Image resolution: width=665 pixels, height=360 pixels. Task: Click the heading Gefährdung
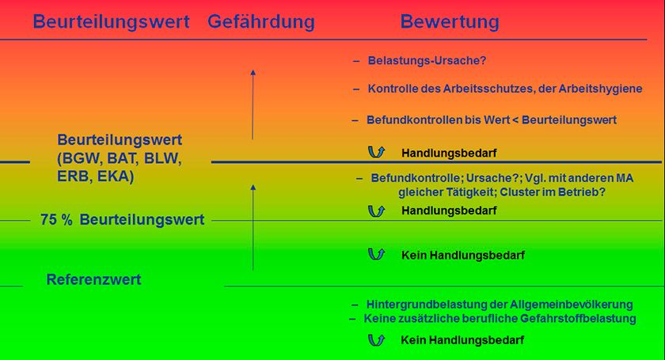pos(260,22)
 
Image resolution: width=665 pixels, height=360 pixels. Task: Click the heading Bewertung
pos(450,22)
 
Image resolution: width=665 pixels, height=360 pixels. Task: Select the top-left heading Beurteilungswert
pos(111,22)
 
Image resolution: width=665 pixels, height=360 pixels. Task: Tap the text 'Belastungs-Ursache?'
pos(427,61)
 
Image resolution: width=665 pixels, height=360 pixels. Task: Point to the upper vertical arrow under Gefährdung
pos(253,104)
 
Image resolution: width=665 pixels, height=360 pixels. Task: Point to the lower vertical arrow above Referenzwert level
pos(253,227)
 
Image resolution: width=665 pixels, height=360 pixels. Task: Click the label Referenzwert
pos(93,279)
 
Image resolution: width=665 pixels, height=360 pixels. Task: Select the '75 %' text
pos(56,220)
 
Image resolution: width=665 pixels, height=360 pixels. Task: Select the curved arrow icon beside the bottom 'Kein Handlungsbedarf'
pos(376,340)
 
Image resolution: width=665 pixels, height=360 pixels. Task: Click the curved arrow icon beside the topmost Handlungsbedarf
pos(376,152)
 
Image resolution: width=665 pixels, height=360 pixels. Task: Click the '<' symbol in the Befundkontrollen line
pos(515,120)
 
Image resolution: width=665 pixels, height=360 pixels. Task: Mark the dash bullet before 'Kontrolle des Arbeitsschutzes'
pos(356,89)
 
